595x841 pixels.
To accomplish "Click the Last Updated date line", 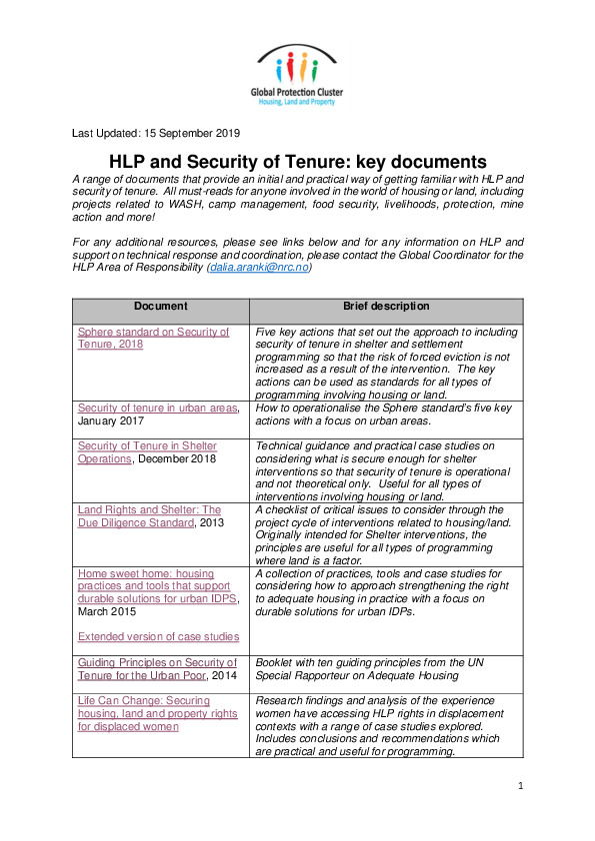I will [x=155, y=133].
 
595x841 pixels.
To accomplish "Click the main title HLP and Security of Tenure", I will [x=297, y=161].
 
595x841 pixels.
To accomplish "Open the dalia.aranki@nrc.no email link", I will [x=259, y=268].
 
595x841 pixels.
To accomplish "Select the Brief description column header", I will [x=386, y=306].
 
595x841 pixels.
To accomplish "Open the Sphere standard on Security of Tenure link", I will [x=153, y=338].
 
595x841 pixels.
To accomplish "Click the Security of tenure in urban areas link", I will [x=157, y=408].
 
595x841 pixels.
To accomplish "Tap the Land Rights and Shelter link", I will [x=149, y=515].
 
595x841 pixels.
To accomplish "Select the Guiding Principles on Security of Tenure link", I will [x=157, y=668].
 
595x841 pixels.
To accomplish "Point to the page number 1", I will [x=521, y=787].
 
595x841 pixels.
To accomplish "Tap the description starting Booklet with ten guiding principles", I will [x=386, y=668].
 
